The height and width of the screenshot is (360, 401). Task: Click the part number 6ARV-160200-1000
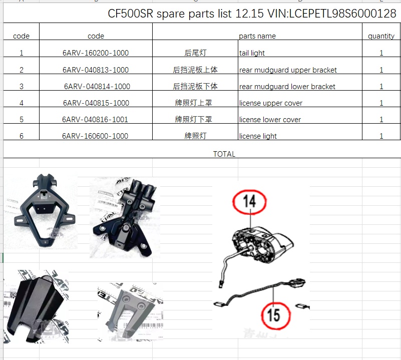96,53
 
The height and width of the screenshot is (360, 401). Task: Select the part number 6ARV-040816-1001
95,120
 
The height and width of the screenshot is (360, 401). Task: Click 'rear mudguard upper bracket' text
288,70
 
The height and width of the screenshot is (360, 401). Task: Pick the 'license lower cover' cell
270,120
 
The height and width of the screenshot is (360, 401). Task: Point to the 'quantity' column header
381,36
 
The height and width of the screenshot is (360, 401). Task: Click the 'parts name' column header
257,36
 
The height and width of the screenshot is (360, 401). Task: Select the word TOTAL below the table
224,154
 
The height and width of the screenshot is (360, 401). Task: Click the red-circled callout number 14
249,201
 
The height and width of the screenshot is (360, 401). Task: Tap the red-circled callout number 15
274,314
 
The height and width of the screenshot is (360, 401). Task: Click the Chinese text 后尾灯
195,53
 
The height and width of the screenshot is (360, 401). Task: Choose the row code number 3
22,87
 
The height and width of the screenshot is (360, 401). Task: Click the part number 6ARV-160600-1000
95,136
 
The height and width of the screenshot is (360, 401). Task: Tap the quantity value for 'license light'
381,136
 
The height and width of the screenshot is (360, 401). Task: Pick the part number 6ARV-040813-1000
96,70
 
